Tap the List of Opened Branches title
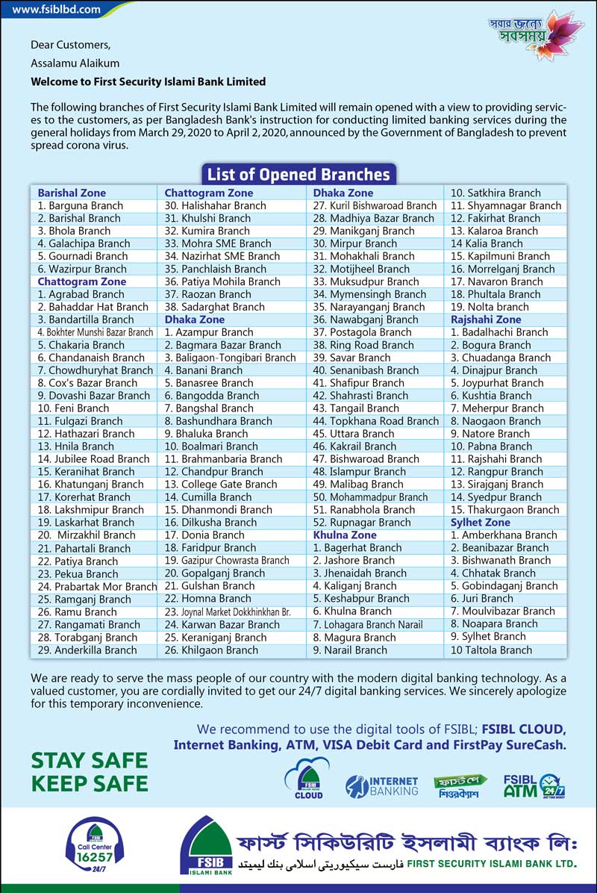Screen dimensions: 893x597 298,175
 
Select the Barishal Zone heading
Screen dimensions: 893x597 72,193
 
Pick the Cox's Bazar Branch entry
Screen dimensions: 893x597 87,383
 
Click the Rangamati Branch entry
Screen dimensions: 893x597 88,624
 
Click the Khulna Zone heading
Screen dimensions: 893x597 345,535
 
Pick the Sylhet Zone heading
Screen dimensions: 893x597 481,523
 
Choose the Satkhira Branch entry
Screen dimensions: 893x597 496,193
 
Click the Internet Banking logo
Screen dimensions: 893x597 381,786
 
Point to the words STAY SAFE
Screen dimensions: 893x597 89,761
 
